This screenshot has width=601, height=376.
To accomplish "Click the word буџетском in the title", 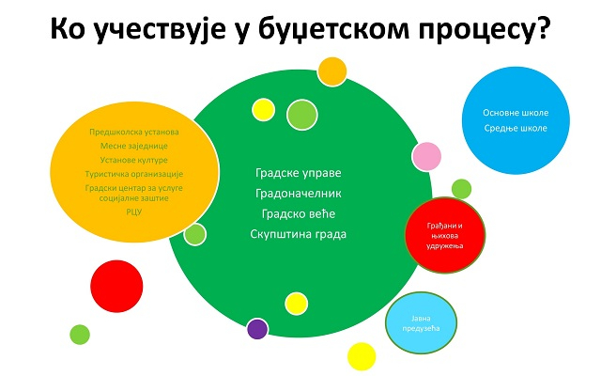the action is pos(333,29).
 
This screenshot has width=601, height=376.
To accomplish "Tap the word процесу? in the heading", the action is pos(485,29).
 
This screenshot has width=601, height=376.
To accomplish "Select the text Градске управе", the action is pos(299,173).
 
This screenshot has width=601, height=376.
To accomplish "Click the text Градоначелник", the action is pos(299,193).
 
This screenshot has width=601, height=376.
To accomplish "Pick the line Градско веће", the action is pos(299,213).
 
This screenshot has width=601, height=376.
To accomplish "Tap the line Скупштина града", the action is pos(299,234).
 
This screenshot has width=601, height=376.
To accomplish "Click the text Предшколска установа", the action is pos(134,132).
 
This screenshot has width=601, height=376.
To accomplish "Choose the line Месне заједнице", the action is pos(134,146).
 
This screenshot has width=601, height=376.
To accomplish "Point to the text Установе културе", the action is pos(134,160).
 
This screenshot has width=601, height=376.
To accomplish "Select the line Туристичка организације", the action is pos(134,174).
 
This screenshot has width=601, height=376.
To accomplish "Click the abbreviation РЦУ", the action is pos(134,211).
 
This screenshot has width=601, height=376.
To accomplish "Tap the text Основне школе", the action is pos(516,113).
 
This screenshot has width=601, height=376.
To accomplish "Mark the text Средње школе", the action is pos(516,128).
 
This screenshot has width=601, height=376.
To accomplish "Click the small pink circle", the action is pos(426,157).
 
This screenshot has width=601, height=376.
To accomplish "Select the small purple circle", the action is pos(257,329).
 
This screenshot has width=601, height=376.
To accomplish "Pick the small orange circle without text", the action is pos(332,71).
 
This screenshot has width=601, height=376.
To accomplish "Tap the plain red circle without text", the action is pos(116,286).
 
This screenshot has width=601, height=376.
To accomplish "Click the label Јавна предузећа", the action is pos(421,323).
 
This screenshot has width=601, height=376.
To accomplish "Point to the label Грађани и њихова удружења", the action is pos(445,236).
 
